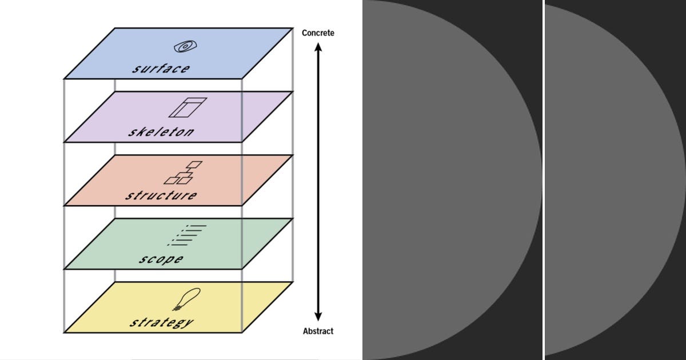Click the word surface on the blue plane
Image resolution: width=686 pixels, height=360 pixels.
pyautogui.click(x=161, y=69)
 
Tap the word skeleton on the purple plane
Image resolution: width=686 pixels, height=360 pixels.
pyautogui.click(x=161, y=132)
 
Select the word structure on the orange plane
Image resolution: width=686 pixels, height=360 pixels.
pyautogui.click(x=161, y=195)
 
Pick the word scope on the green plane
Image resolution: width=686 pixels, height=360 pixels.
pyautogui.click(x=161, y=259)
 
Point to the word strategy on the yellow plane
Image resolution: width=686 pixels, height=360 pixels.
pyautogui.click(x=161, y=322)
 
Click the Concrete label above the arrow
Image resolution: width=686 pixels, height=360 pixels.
pyautogui.click(x=318, y=33)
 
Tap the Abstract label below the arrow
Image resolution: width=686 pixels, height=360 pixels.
pyautogui.click(x=318, y=331)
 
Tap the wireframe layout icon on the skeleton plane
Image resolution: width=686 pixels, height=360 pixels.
pyautogui.click(x=187, y=107)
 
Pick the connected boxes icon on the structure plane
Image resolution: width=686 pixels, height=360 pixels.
pyautogui.click(x=183, y=172)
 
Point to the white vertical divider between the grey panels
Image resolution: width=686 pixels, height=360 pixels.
pyautogui.click(x=543, y=180)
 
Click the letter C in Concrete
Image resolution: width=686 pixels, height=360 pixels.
pyautogui.click(x=305, y=33)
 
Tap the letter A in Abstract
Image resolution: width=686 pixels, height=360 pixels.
pyautogui.click(x=305, y=331)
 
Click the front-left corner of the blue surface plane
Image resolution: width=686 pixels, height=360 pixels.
pyautogui.click(x=64, y=78)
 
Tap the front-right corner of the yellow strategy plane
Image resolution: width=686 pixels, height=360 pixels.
pyautogui.click(x=242, y=332)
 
